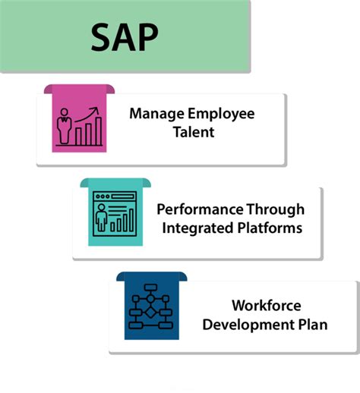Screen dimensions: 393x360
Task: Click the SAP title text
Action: [x=125, y=36]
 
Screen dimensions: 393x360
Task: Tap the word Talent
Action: [x=192, y=133]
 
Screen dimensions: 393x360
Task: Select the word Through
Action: [x=274, y=209]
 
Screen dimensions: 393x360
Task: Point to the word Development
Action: [x=248, y=325]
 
